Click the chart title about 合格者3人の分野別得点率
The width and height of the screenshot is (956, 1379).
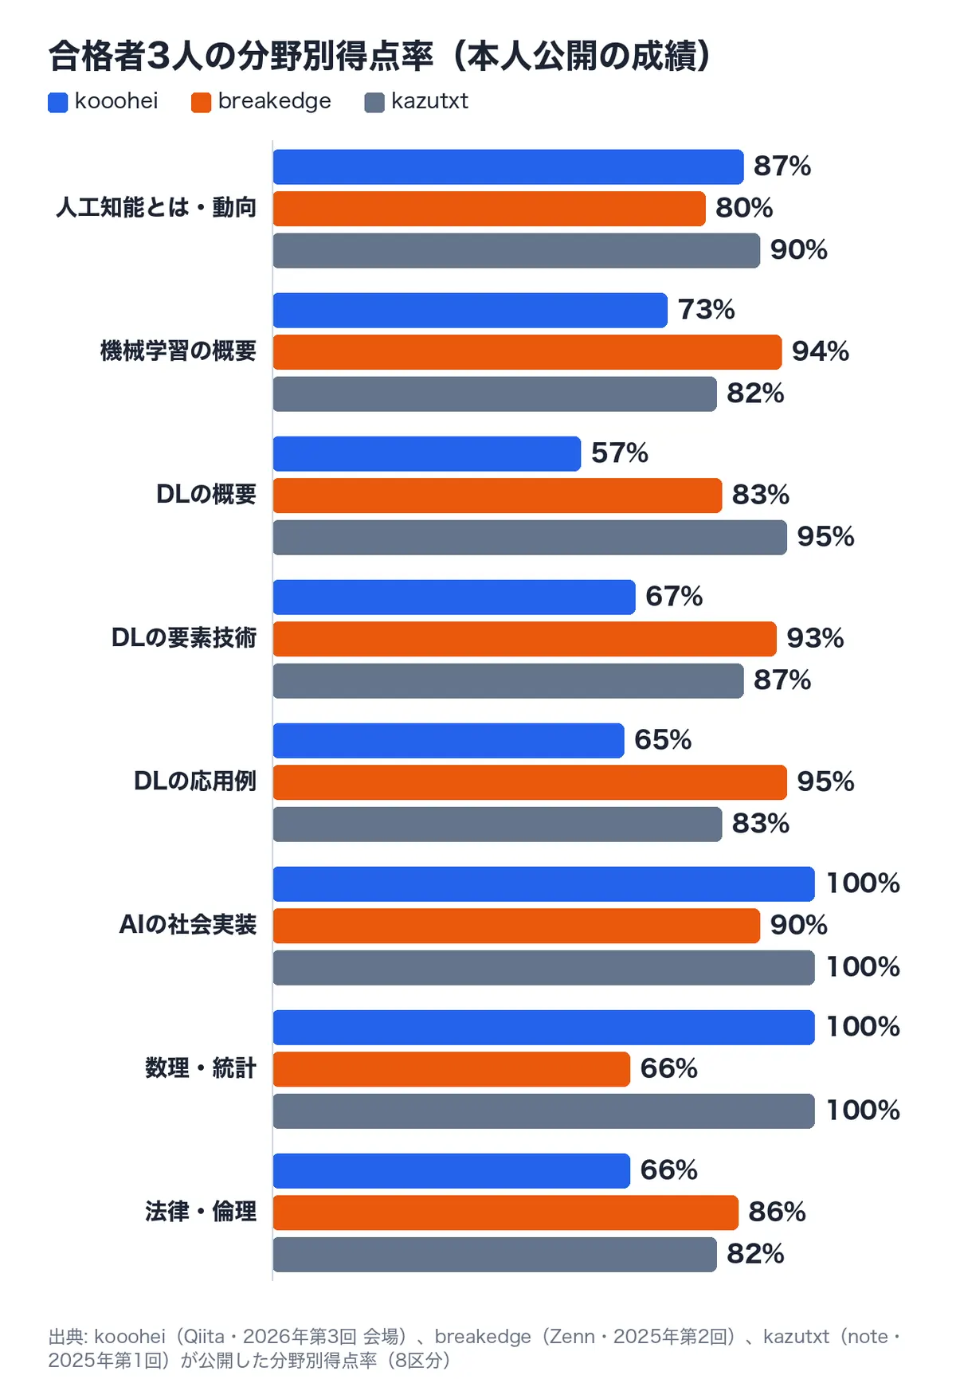(380, 56)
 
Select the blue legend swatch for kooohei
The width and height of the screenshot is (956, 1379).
(57, 102)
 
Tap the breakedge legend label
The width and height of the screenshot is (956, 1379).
(274, 101)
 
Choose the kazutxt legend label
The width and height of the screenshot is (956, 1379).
(429, 101)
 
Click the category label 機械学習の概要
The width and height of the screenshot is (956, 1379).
(178, 351)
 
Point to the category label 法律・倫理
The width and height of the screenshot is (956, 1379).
(201, 1211)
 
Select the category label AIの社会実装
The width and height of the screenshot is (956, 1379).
(188, 924)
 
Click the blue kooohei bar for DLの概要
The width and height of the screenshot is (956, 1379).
(427, 453)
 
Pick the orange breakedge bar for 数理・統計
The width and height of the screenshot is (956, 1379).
(452, 1069)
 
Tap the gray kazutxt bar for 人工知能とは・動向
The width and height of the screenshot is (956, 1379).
(516, 250)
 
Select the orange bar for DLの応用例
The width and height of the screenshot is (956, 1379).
(530, 782)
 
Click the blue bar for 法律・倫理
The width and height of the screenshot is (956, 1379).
(452, 1171)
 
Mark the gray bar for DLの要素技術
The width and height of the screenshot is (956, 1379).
(508, 681)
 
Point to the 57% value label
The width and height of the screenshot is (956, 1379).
(620, 453)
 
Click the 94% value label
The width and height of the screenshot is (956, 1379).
(821, 351)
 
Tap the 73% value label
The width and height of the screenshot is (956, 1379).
(707, 309)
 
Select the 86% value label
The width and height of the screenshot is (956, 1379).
(778, 1212)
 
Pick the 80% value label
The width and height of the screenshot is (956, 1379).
(744, 208)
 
